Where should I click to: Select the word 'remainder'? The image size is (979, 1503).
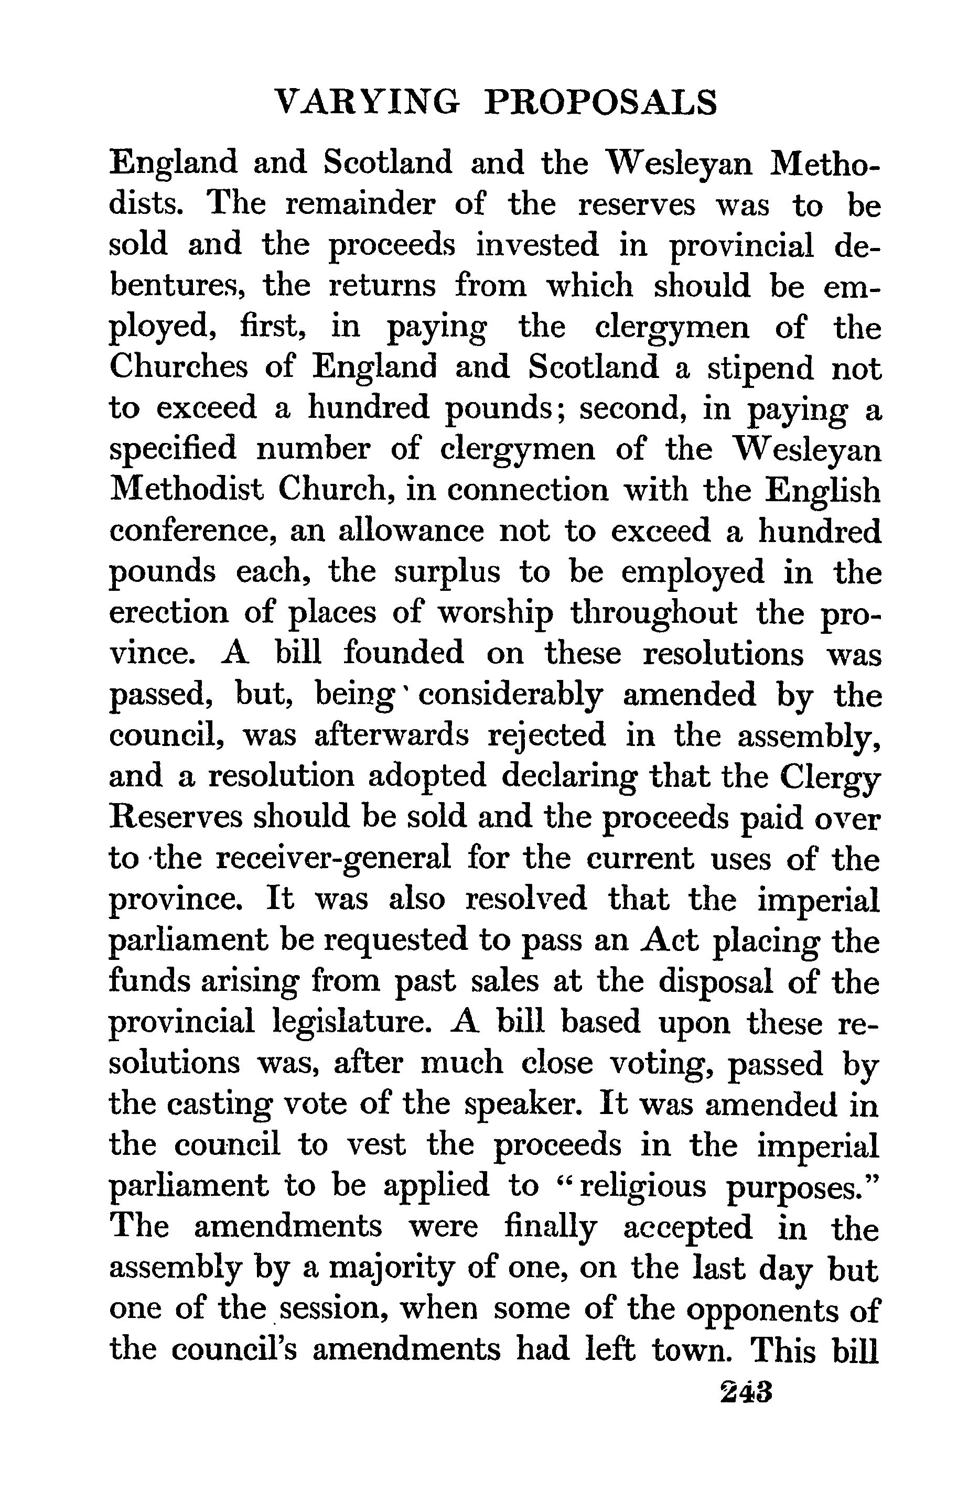click(351, 206)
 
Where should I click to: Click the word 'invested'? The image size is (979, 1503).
click(536, 246)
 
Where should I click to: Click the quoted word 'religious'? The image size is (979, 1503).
click(642, 1186)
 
